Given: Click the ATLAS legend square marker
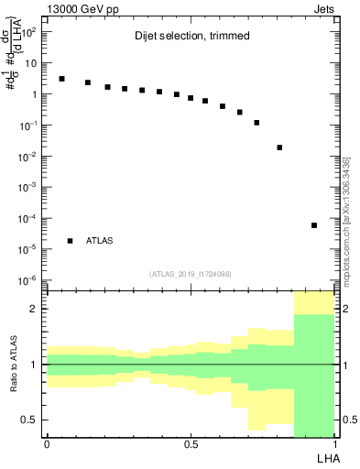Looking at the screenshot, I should (x=70, y=241).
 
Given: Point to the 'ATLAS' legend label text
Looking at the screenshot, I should (x=100, y=241).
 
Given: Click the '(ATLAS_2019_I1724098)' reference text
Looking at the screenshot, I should (x=191, y=274).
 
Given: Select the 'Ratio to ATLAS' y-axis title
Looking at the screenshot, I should (x=12, y=364).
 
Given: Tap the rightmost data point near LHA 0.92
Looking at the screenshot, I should (x=314, y=225).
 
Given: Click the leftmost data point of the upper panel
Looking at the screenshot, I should (x=61, y=79).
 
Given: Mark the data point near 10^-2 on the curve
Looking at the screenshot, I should (x=279, y=147).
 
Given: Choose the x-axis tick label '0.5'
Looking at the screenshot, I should (x=191, y=444).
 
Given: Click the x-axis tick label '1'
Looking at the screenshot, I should (x=335, y=444).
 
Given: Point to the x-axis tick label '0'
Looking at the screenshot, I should (x=47, y=444).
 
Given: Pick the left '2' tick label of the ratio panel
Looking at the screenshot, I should (x=37, y=309).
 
